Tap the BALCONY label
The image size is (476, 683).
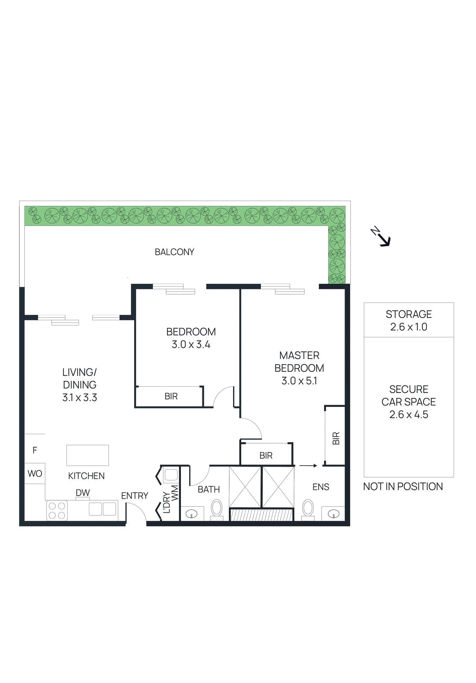(x=174, y=252)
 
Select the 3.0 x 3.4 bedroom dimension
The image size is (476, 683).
(x=191, y=344)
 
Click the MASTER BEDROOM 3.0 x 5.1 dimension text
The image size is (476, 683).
(x=299, y=381)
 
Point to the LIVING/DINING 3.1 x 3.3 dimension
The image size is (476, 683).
(x=80, y=397)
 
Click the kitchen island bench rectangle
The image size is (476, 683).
(x=88, y=455)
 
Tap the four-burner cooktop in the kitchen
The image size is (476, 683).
(x=57, y=511)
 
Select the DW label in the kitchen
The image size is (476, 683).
(x=83, y=493)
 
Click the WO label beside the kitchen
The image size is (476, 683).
(x=35, y=474)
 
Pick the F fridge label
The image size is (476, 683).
(x=35, y=450)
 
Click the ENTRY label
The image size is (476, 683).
(x=134, y=496)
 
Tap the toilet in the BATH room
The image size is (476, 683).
(x=217, y=509)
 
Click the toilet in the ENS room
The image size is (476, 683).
(x=308, y=509)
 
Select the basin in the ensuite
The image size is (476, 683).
(x=333, y=514)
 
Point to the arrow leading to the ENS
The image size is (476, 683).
(x=308, y=466)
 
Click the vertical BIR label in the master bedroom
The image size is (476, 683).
(x=336, y=438)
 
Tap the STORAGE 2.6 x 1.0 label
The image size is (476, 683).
(x=409, y=321)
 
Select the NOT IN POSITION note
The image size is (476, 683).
(x=403, y=487)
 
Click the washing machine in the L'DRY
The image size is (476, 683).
(x=171, y=475)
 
